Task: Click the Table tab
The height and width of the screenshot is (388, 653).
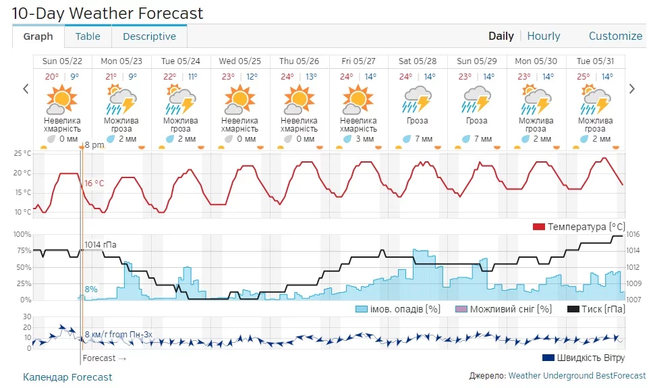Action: [88, 36]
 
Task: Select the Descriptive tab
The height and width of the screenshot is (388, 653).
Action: [149, 36]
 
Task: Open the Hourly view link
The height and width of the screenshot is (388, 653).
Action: [544, 36]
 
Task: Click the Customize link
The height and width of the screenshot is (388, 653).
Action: [615, 36]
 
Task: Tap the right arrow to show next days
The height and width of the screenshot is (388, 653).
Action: [632, 88]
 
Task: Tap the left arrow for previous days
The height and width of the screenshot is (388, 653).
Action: [26, 88]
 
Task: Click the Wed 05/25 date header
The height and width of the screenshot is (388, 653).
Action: [240, 61]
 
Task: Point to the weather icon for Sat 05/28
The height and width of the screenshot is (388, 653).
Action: [418, 100]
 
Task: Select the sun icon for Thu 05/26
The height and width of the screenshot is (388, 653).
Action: [299, 100]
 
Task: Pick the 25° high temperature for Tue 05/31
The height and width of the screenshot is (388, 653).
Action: [584, 76]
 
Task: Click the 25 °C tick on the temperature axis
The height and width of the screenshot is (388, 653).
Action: [22, 154]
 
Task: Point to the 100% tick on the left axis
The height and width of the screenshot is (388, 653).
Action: [22, 235]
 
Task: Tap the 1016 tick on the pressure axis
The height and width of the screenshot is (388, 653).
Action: [633, 235]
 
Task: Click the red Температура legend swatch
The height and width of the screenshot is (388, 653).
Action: [539, 227]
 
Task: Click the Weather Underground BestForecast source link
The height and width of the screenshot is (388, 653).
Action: [577, 376]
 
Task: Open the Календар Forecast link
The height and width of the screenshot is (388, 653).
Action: [67, 377]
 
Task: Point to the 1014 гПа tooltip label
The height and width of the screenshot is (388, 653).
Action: [100, 244]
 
